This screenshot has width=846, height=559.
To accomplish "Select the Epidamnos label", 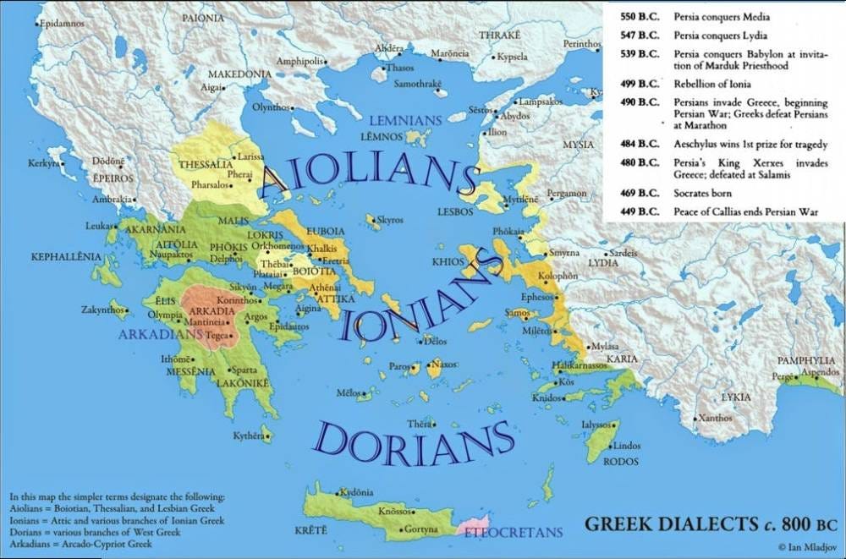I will coord(62,24).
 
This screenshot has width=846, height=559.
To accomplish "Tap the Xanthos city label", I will coord(716,418).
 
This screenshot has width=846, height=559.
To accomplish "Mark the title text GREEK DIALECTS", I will coord(671,524).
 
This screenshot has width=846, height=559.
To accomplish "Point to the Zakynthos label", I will coord(102,310).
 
